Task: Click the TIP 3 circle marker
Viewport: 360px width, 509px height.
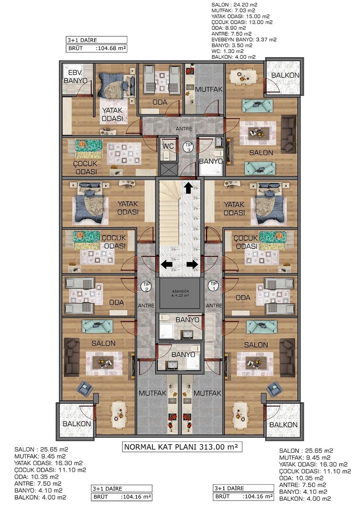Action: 188,147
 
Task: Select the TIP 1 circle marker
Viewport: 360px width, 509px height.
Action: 213,286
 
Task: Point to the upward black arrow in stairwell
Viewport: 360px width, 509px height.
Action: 188,188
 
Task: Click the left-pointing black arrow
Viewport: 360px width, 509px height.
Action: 167,264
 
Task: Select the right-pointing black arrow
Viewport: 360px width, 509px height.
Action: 192,264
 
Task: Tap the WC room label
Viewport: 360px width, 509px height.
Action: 168,146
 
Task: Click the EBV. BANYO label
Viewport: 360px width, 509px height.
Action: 75,77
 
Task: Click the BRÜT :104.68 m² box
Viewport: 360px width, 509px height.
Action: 96,48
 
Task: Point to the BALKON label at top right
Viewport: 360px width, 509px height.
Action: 285,75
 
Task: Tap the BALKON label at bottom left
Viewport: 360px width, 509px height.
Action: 77,423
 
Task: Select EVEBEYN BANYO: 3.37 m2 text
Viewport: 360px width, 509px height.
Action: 244,40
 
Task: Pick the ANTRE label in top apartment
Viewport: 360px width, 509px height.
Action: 184,129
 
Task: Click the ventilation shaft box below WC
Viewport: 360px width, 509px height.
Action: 168,169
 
